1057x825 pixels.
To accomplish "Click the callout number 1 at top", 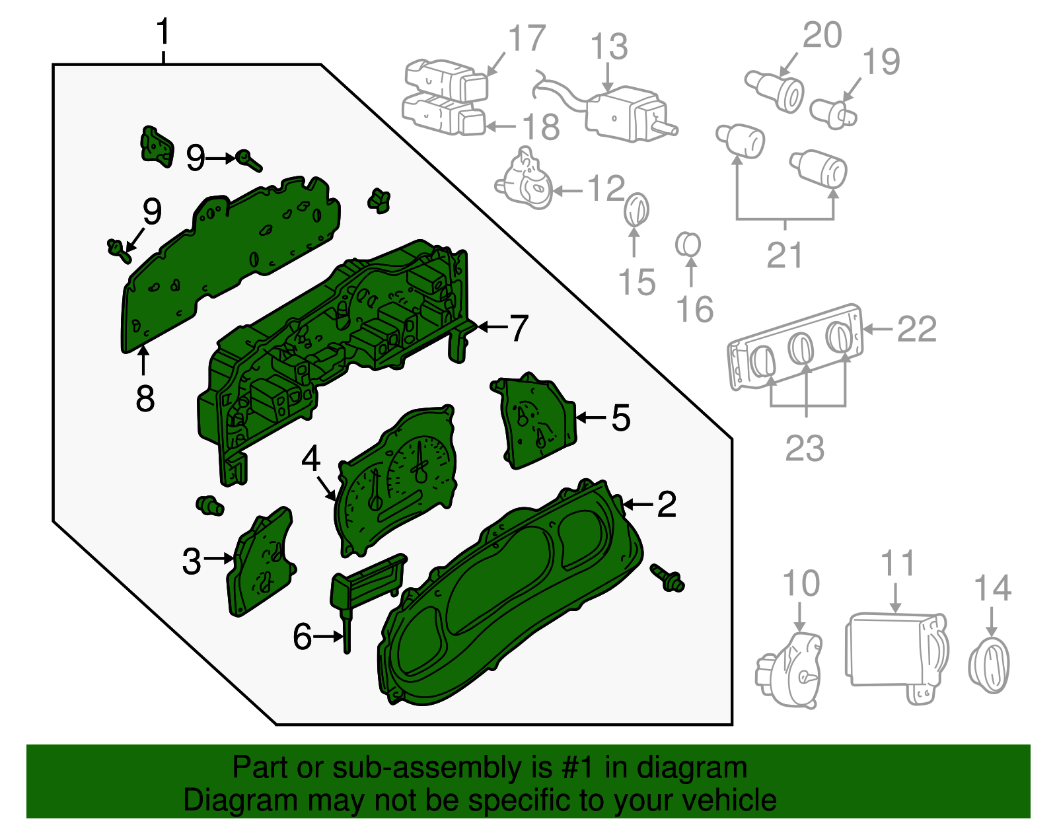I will click(163, 32).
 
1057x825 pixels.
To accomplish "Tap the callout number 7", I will click(519, 328).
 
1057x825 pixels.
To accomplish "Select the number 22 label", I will click(916, 329).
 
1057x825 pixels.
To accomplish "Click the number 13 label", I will click(608, 47).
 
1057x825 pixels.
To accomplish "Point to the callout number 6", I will click(302, 637).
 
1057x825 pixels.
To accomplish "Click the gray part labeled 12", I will click(526, 182).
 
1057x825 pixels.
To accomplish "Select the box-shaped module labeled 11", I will click(895, 654).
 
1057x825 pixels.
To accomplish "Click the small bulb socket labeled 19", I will click(833, 114).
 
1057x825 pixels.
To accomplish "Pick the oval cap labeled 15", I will click(636, 209).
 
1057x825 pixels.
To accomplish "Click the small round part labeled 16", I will click(688, 245).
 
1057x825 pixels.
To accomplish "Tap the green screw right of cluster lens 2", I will click(668, 578).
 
